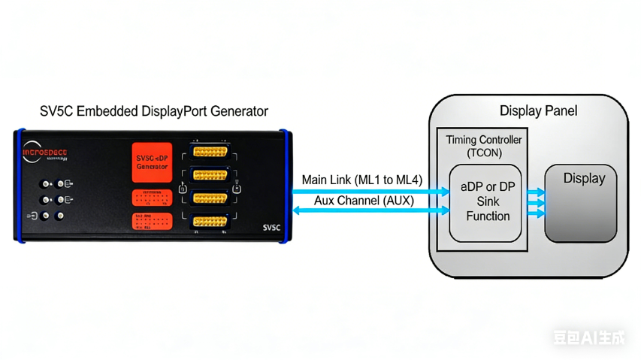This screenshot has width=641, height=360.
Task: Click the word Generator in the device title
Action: [239, 112]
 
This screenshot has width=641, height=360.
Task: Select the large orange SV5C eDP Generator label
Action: [152, 162]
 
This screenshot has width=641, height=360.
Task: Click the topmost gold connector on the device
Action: [210, 152]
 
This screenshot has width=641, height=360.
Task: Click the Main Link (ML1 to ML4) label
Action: [362, 180]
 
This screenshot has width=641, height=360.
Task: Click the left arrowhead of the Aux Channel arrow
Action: [296, 211]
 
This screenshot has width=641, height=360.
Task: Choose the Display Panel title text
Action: [539, 112]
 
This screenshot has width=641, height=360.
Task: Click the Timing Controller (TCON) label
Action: [483, 146]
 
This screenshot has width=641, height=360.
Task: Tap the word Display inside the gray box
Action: [584, 179]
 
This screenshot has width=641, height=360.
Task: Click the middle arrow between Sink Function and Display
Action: [537, 203]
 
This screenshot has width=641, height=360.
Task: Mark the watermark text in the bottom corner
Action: [590, 337]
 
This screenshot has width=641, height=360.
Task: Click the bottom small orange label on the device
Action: [153, 221]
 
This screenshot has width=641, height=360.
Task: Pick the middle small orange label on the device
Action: [153, 198]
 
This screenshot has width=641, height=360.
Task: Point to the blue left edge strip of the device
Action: [17, 186]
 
